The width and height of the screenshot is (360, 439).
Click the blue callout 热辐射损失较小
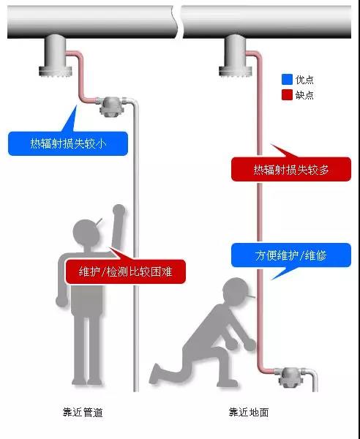(68, 143)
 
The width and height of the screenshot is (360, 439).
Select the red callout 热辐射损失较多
(291, 169)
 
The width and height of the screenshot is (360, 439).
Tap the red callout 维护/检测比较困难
(125, 271)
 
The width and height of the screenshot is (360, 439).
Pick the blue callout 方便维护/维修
(291, 255)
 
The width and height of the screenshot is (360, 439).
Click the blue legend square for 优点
(287, 80)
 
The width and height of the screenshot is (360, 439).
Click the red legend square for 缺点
(287, 95)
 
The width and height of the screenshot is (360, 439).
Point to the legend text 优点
(304, 80)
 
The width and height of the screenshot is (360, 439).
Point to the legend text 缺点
(304, 95)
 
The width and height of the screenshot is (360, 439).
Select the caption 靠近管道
(83, 412)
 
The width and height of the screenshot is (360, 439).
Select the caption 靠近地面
(249, 412)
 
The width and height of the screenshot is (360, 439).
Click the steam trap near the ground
(289, 377)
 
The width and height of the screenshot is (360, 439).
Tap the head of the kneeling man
(236, 291)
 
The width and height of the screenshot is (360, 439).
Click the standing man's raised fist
(119, 210)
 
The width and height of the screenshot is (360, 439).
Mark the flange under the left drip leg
(56, 71)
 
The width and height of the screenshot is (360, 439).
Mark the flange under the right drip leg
(234, 71)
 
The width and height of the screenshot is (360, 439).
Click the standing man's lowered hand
(61, 301)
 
